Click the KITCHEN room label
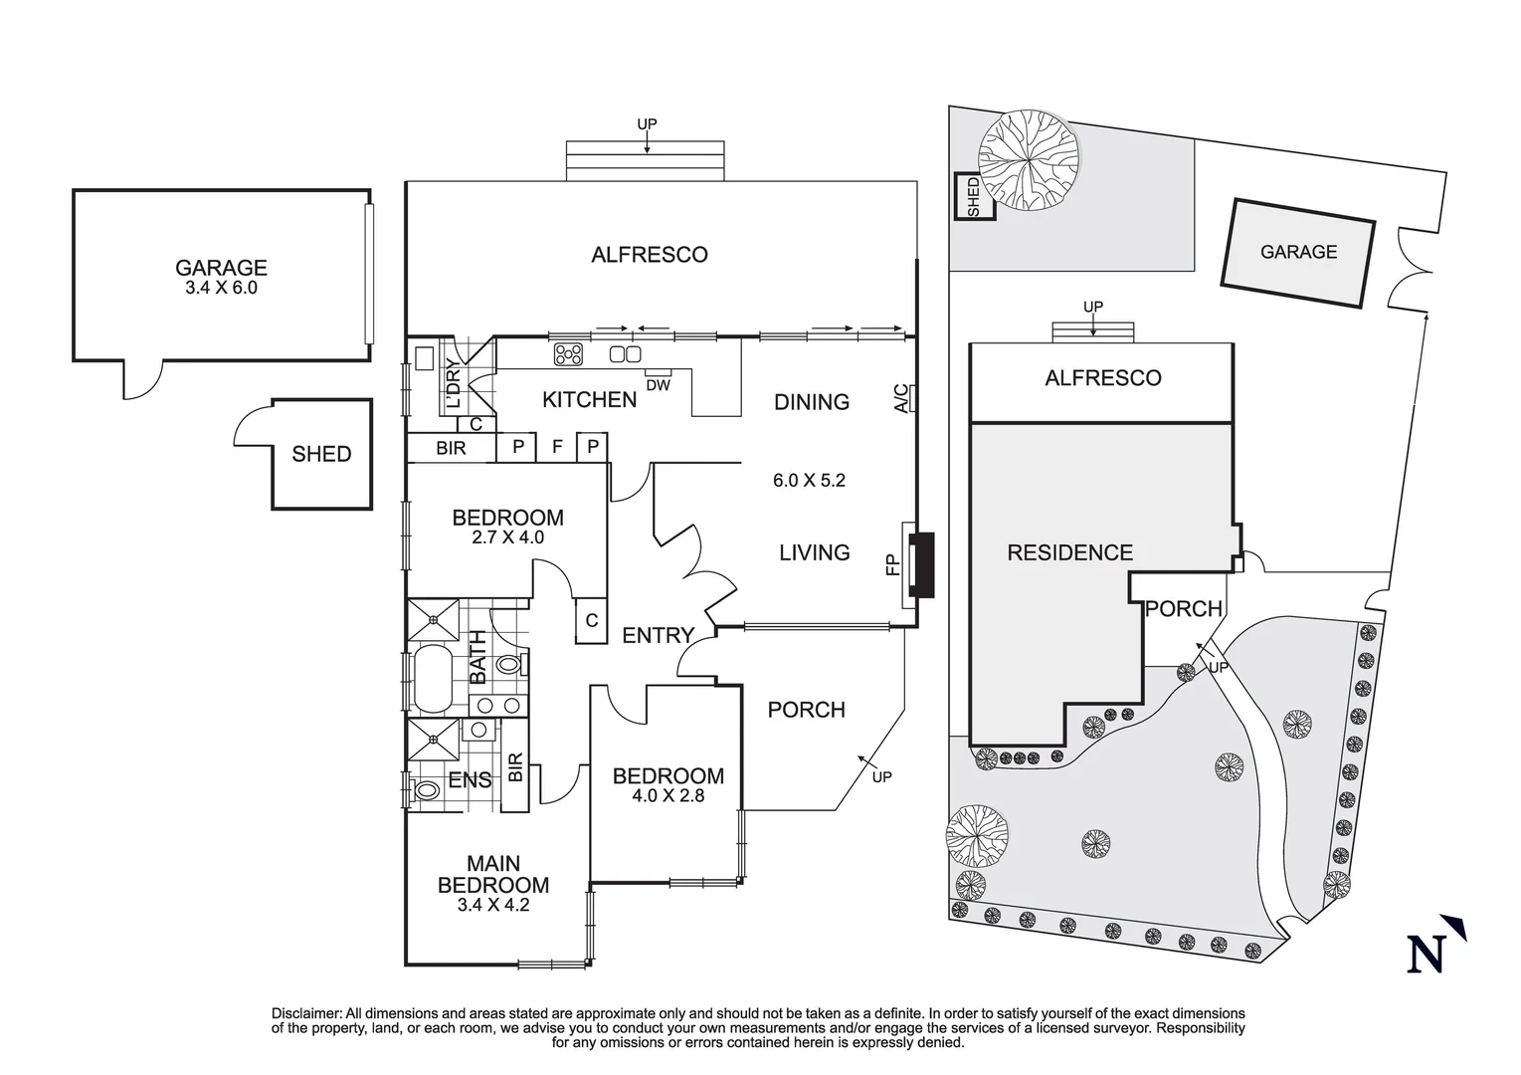point(589,400)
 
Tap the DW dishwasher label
point(658,385)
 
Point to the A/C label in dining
point(900,398)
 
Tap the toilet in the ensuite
point(426,790)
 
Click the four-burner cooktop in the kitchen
point(568,354)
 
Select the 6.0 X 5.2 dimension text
point(809,480)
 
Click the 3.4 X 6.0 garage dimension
point(221,289)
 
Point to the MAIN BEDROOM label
point(493,875)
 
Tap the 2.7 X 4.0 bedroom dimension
point(507,537)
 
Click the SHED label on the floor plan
point(321,455)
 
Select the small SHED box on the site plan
point(973,196)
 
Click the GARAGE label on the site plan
point(1298,253)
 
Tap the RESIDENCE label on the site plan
point(1069,553)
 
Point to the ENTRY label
point(658,635)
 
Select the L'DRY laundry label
point(454,385)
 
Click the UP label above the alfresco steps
point(647,124)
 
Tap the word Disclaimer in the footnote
point(306,1013)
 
